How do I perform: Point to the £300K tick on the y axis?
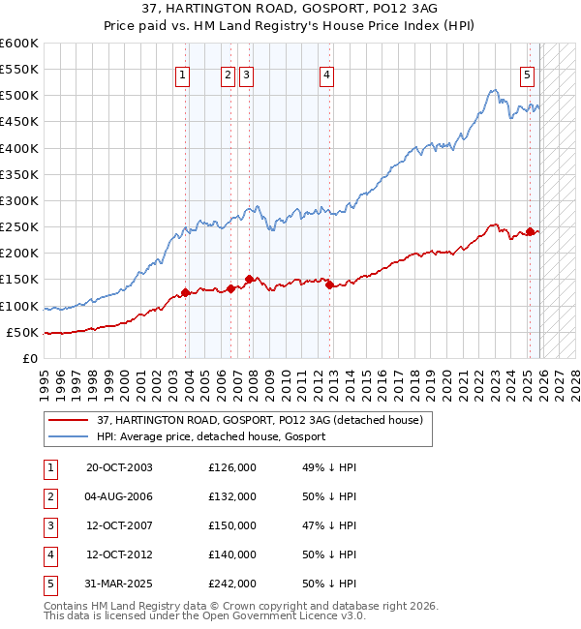point(18,200)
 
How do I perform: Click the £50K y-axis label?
point(22,332)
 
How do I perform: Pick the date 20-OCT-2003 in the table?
point(119,467)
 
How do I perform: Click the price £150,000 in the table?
point(232,525)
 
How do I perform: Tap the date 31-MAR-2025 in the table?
point(119,584)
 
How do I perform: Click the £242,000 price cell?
point(232,584)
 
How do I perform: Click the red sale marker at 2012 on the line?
point(329,285)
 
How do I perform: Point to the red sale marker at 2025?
point(530,231)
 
